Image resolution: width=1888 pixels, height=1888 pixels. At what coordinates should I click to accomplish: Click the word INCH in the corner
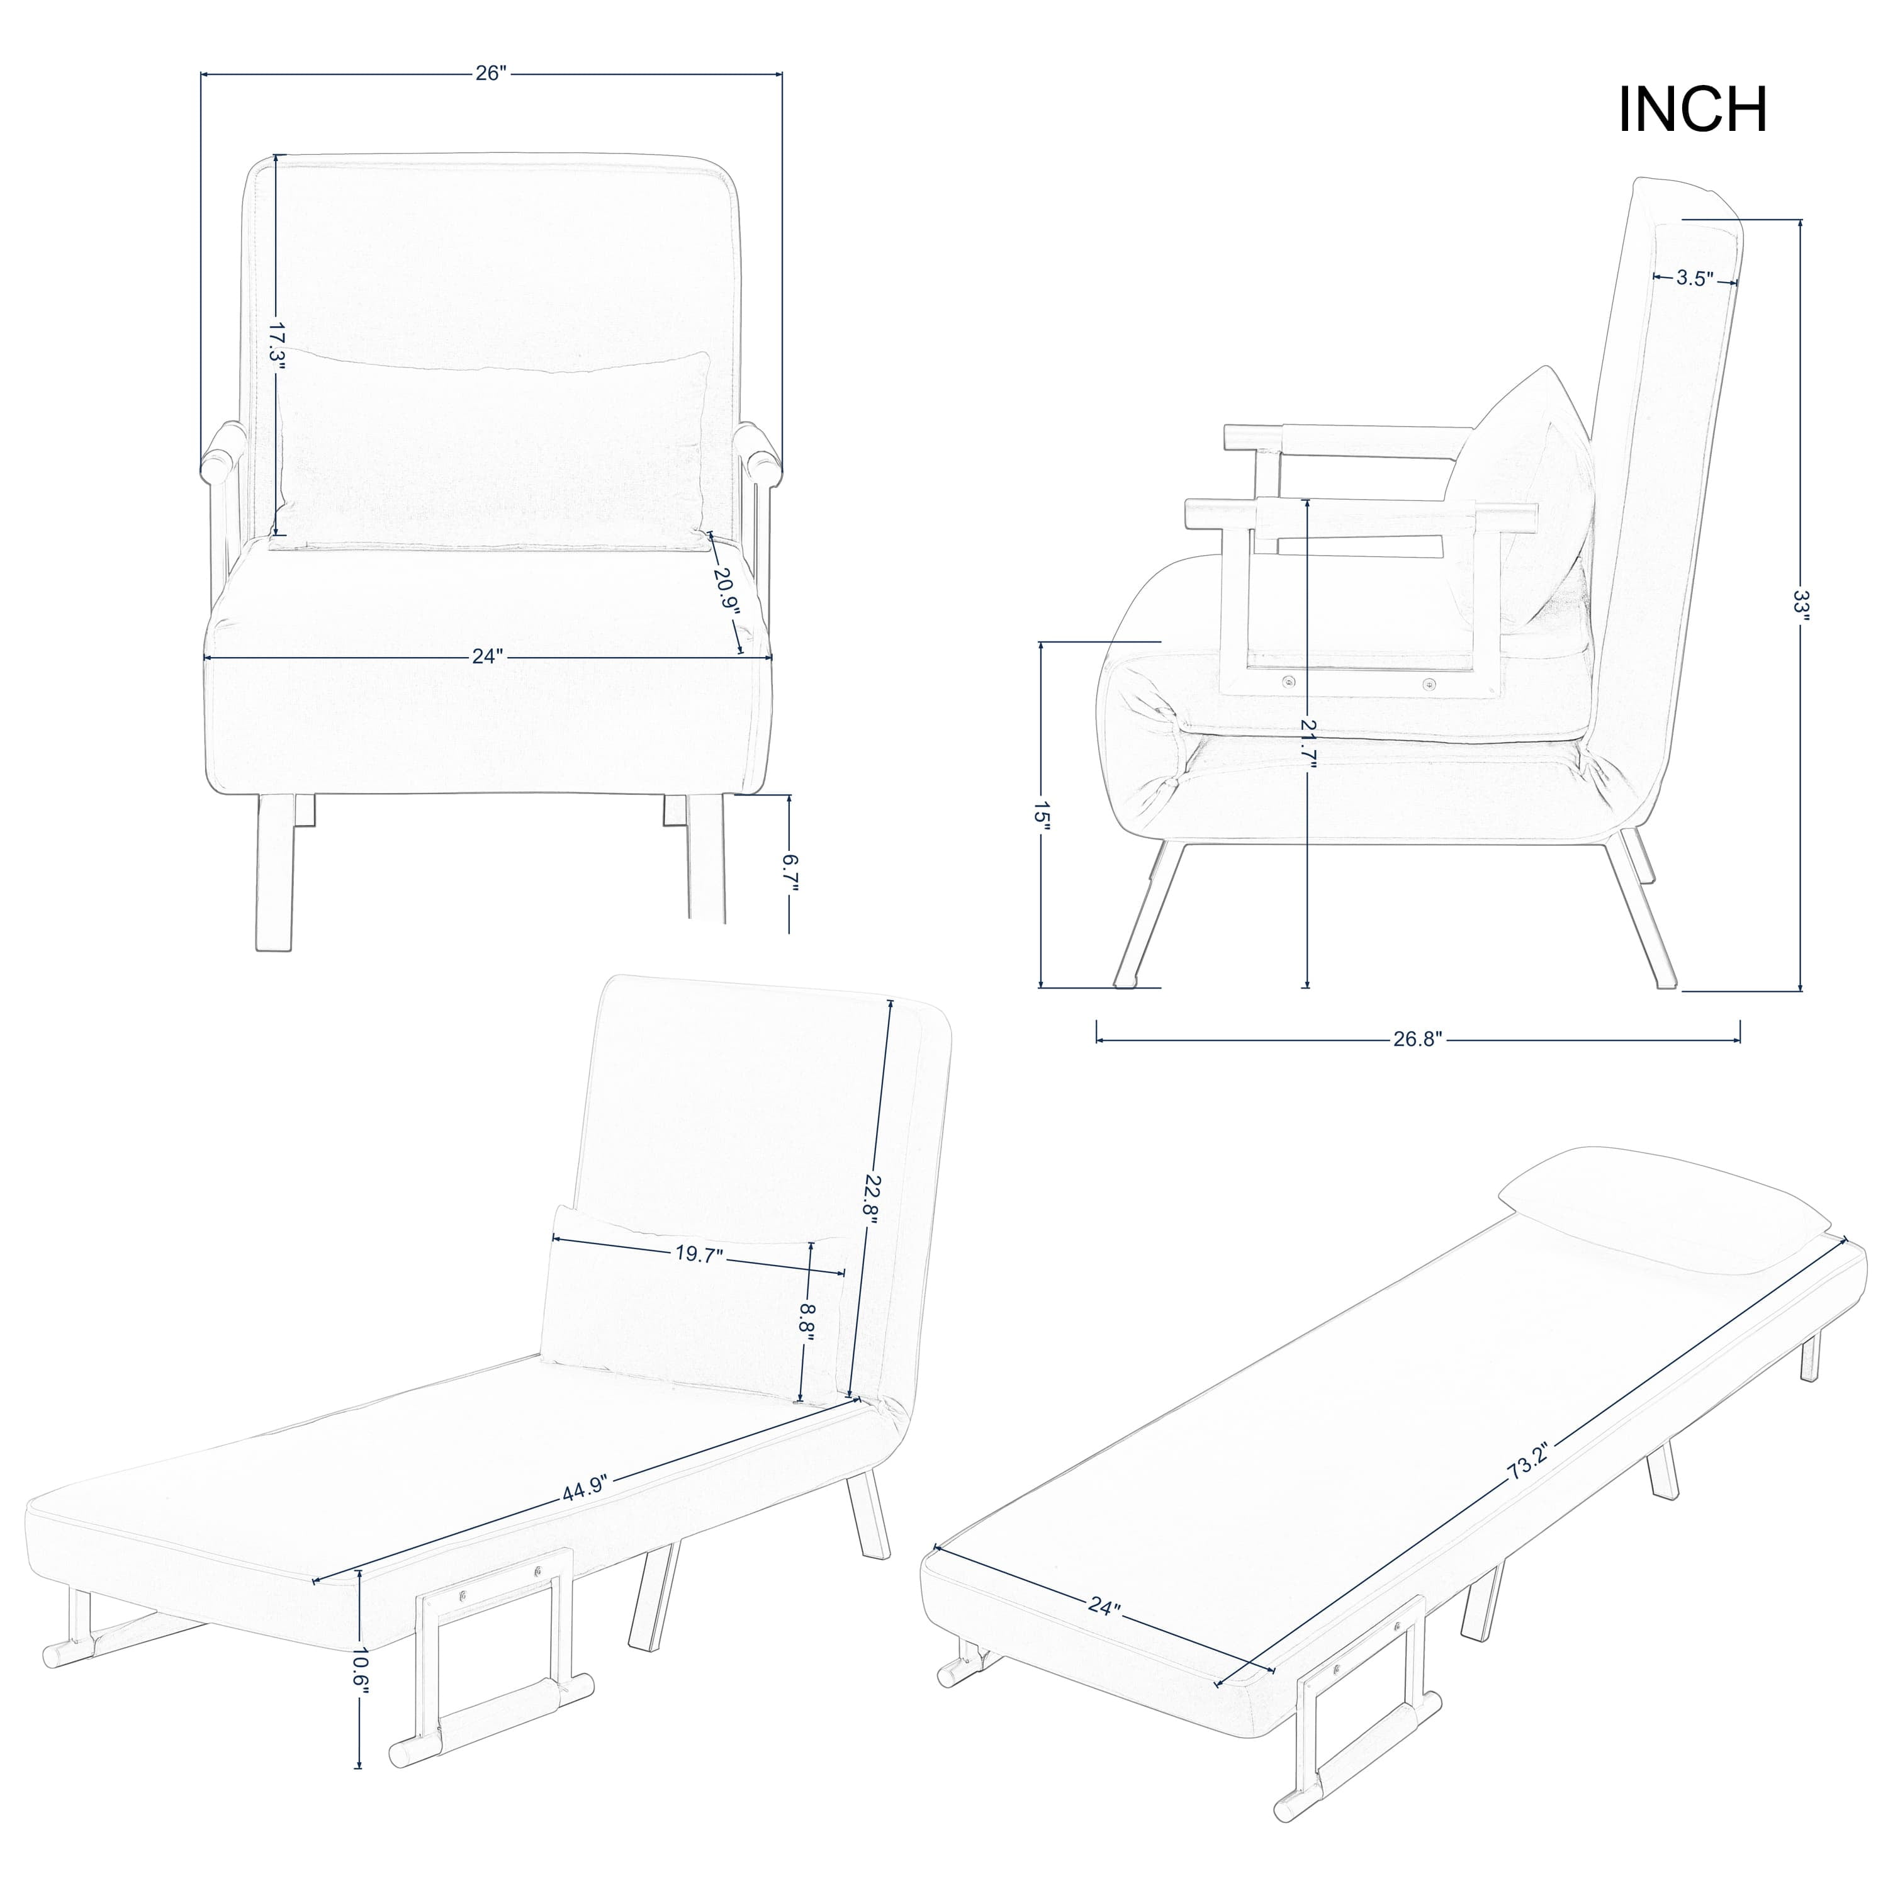pos(1692,110)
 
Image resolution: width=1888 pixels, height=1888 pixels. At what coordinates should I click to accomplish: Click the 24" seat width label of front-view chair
pos(486,656)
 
